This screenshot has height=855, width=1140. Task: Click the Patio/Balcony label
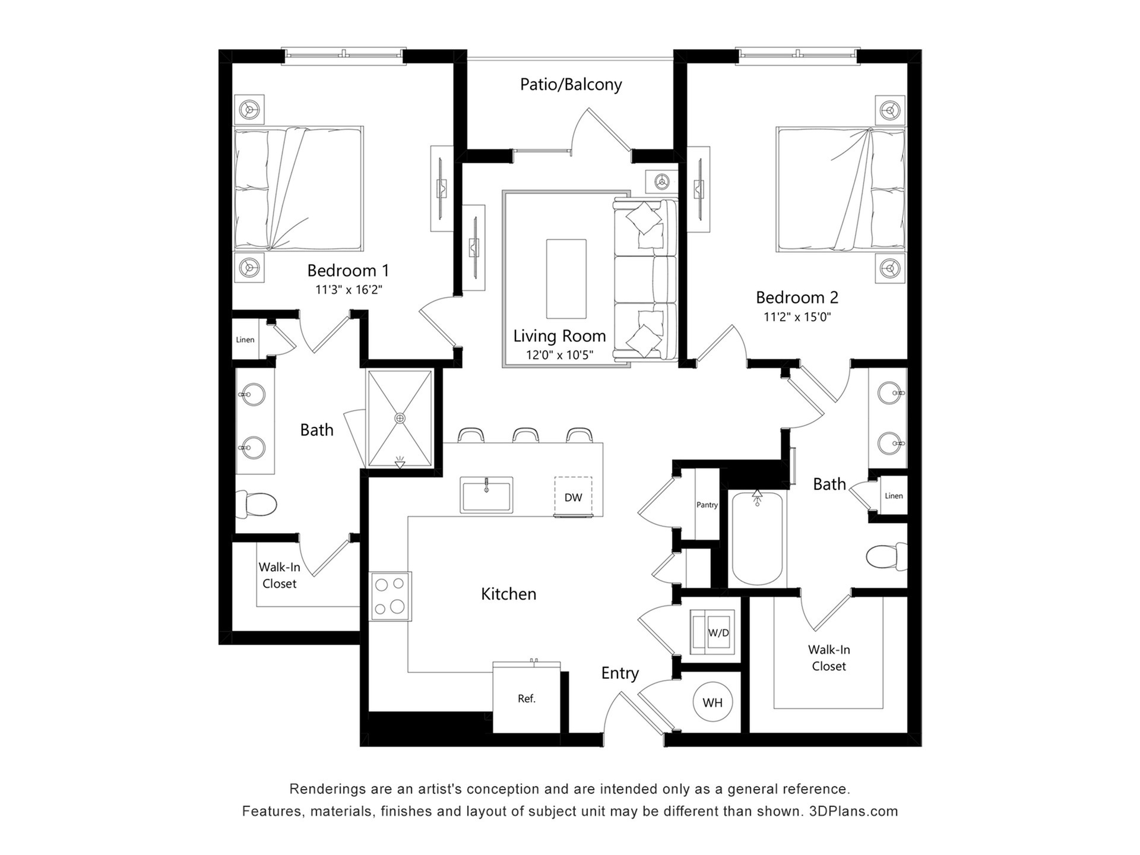coord(571,84)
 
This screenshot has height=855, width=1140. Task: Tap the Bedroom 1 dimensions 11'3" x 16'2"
coord(349,290)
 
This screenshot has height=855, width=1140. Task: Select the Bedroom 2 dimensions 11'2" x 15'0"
coord(797,316)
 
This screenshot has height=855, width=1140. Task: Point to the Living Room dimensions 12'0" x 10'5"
coord(559,355)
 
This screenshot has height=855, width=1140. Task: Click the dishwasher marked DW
coord(573,497)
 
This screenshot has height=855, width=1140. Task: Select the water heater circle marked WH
coord(712,702)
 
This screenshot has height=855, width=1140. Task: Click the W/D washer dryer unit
coord(712,632)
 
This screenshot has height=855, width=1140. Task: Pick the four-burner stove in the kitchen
coord(390,596)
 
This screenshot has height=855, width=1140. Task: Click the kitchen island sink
coord(486,495)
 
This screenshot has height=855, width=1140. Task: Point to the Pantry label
coord(707,505)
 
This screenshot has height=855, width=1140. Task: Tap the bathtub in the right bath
coord(757,539)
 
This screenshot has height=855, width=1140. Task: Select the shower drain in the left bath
coord(400,418)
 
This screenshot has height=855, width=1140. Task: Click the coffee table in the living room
coord(566,279)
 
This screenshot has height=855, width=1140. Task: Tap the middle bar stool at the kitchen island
coord(525,435)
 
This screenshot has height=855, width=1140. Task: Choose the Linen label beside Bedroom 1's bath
coord(245,340)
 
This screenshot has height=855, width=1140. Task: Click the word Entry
coord(620,673)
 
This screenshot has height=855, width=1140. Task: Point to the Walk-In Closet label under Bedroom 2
coord(829,658)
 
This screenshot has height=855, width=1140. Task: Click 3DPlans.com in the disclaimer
coord(853,811)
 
